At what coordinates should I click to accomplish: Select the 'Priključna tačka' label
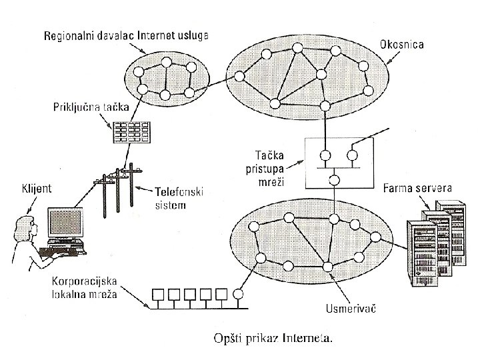pyautogui.click(x=87, y=106)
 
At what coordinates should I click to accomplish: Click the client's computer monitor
pyautogui.click(x=65, y=225)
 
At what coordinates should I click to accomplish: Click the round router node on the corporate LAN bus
pyautogui.click(x=239, y=293)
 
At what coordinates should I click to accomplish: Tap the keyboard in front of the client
pyautogui.click(x=61, y=252)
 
